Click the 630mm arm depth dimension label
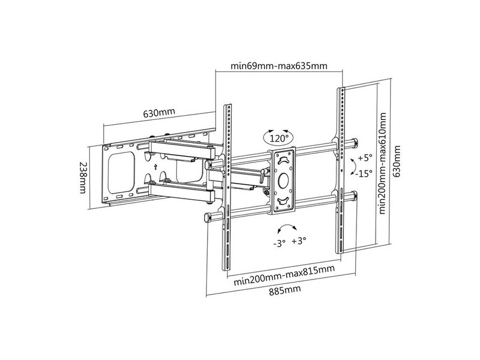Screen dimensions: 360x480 pos(159,113)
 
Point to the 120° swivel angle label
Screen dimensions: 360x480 pos(279,139)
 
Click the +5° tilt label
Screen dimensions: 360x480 pos(365,158)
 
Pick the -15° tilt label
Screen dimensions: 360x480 pos(363,173)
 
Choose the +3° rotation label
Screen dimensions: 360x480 pos(298,241)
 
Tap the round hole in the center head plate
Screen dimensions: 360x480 pos(284,181)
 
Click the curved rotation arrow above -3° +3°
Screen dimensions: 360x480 pos(286,229)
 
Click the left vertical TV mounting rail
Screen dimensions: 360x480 pos(228,180)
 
